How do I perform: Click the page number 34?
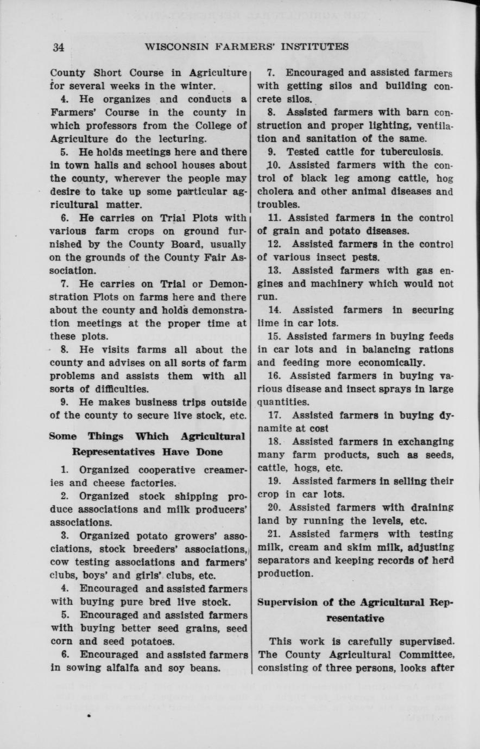click(x=59, y=47)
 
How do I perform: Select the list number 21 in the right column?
click(x=275, y=534)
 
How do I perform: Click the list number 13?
click(x=275, y=270)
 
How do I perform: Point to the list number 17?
click(x=275, y=415)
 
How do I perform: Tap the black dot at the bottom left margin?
click(x=88, y=716)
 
